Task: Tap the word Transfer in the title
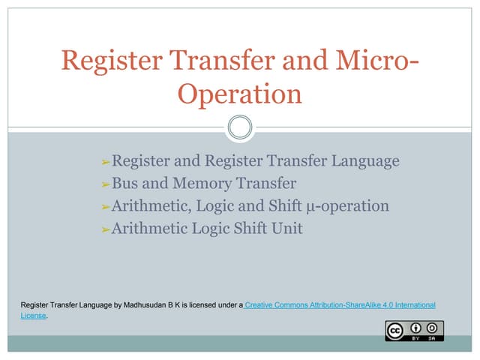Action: click(x=214, y=61)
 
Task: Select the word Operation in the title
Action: click(x=240, y=95)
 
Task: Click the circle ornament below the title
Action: click(x=240, y=127)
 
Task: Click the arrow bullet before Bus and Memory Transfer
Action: click(x=105, y=184)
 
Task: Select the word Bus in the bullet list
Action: click(x=124, y=184)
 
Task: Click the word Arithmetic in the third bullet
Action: click(x=148, y=206)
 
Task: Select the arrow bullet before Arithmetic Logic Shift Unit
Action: click(x=105, y=229)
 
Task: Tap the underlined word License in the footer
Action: click(x=33, y=316)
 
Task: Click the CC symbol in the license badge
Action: click(x=395, y=330)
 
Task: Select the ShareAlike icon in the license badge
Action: click(x=433, y=328)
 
